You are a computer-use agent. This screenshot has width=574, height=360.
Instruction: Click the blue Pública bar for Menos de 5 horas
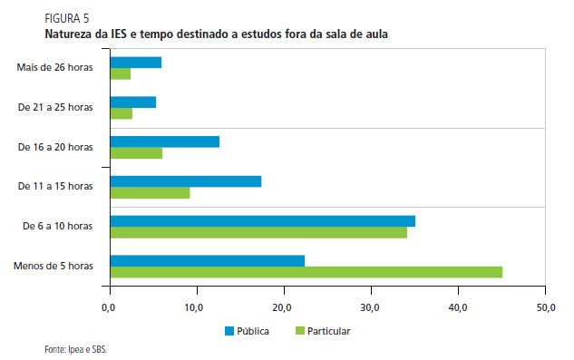click(207, 261)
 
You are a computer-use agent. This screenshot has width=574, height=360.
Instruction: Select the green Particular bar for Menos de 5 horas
click(306, 272)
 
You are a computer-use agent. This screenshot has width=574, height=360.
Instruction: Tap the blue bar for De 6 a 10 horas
click(262, 221)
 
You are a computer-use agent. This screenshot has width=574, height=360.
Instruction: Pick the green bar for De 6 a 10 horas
click(258, 232)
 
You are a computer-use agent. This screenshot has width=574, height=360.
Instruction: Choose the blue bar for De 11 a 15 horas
click(185, 181)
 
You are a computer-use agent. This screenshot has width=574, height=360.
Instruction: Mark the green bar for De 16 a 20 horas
click(136, 153)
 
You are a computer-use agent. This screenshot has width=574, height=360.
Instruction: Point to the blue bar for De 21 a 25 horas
click(132, 102)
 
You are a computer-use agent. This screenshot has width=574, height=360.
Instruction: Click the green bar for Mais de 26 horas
click(120, 73)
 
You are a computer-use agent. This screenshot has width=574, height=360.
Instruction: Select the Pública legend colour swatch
click(230, 331)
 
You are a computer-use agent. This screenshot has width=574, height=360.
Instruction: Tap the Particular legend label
click(327, 331)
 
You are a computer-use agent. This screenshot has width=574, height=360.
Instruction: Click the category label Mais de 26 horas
click(54, 67)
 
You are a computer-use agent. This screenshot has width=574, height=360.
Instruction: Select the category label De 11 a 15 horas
click(55, 186)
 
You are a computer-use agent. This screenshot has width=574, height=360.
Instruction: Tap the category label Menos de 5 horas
click(54, 266)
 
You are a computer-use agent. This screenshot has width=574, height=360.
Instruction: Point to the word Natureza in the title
click(70, 33)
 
